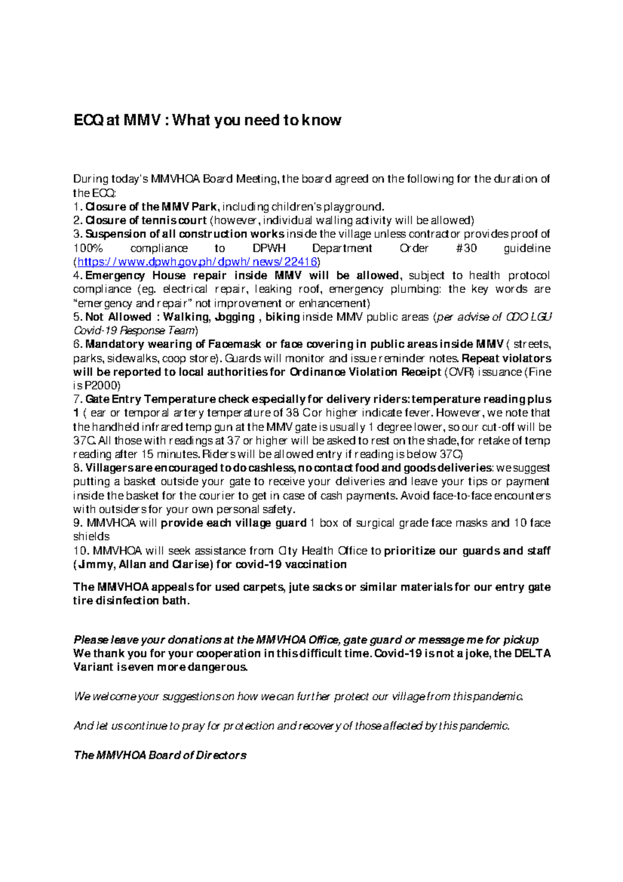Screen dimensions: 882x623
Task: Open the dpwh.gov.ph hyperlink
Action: coord(197,262)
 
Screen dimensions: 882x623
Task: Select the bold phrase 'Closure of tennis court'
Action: coord(146,220)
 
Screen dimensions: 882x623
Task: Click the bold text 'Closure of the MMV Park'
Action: coord(151,207)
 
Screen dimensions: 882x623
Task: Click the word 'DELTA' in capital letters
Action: coord(532,653)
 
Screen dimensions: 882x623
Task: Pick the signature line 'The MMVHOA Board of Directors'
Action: coord(160,755)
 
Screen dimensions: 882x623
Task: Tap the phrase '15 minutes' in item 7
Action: coord(157,454)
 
